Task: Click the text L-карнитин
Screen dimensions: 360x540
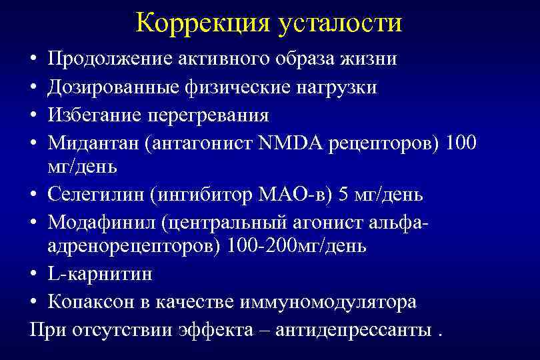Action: [x=100, y=273]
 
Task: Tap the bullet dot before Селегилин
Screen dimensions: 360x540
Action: [x=34, y=195]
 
